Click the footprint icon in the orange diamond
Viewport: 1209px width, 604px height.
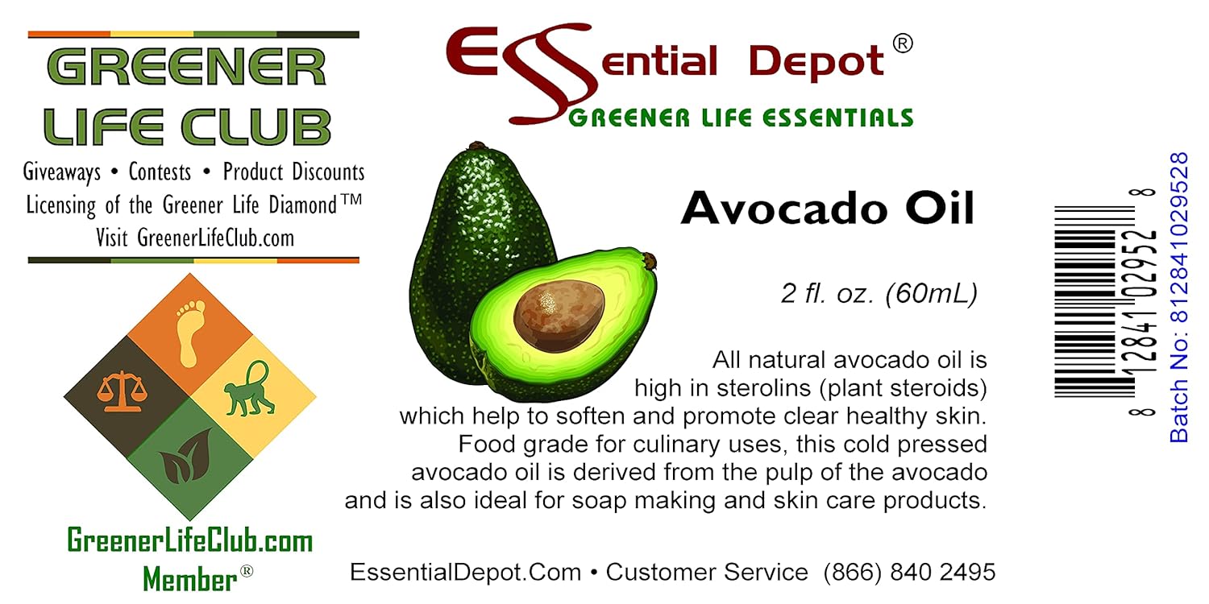pos(189,333)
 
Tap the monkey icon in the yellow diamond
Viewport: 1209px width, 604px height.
pos(247,389)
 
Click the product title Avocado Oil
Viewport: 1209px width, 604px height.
pos(828,209)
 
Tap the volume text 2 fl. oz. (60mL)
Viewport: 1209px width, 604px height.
pos(879,294)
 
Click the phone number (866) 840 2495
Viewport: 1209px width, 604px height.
pos(909,573)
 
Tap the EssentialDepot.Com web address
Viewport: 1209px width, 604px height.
pos(465,573)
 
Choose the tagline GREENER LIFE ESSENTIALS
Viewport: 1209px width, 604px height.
pos(740,118)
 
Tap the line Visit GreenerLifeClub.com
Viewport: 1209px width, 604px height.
pos(193,238)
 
